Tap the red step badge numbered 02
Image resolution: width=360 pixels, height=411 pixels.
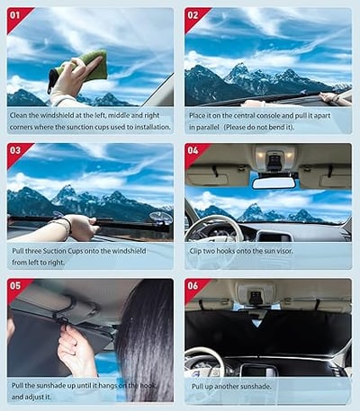click(194, 16)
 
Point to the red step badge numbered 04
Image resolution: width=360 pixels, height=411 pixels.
click(194, 152)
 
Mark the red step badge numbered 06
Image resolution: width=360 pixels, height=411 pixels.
click(194, 288)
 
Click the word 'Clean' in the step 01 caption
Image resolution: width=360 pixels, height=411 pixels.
click(21, 115)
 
